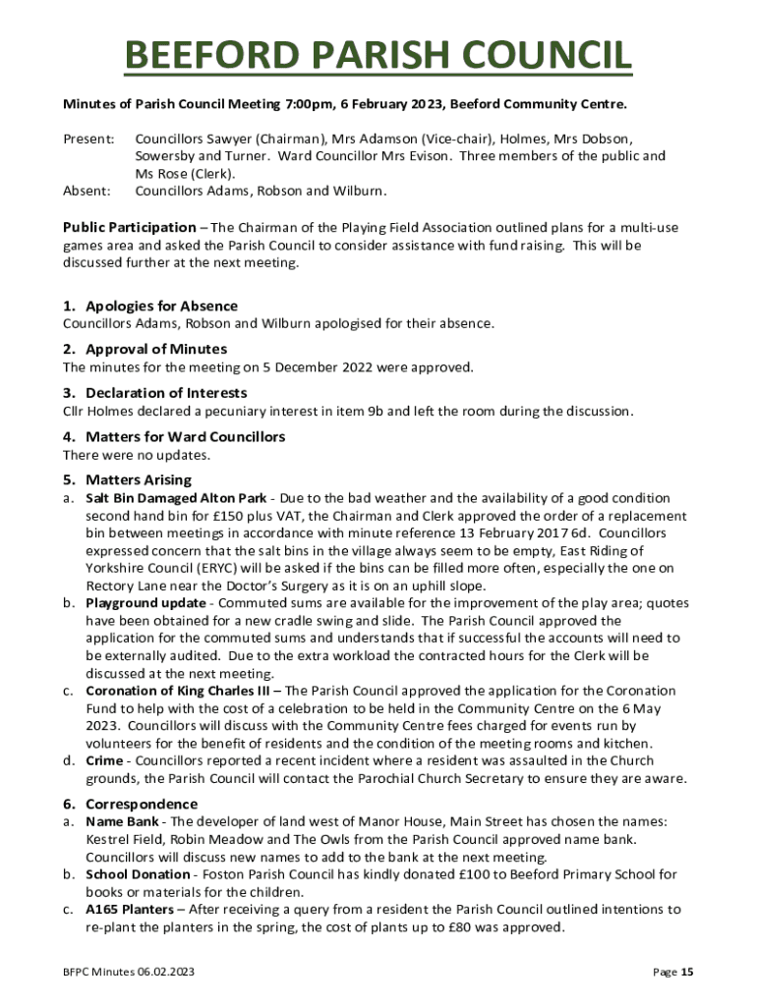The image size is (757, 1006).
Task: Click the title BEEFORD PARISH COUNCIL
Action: click(378, 56)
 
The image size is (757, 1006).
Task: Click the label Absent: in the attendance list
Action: click(87, 192)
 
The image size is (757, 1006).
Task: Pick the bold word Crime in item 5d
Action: click(103, 761)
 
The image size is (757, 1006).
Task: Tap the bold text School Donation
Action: click(138, 874)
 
